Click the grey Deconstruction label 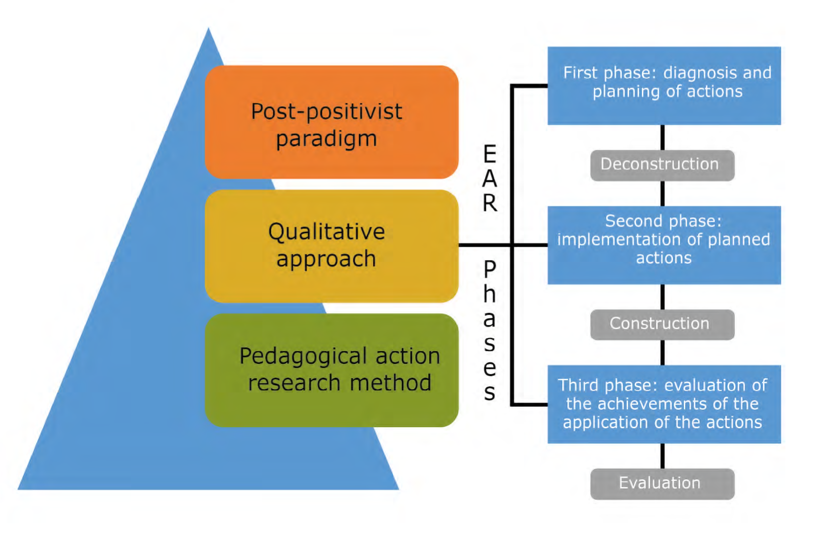662,165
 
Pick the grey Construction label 662,324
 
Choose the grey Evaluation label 662,483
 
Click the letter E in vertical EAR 490,154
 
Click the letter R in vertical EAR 490,203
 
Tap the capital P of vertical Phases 490,269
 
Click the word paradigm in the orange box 326,139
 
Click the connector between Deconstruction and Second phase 663,194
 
